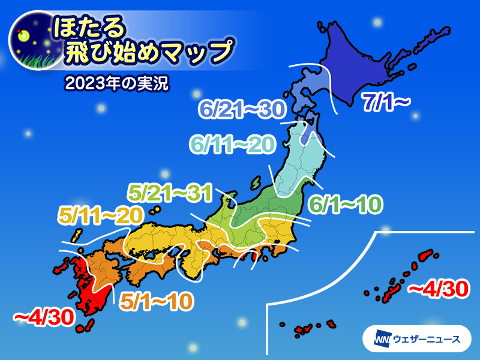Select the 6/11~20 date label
pyautogui.click(x=230, y=144)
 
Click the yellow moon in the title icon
pyautogui.click(x=25, y=35)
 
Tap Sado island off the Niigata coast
pyautogui.click(x=257, y=181)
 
